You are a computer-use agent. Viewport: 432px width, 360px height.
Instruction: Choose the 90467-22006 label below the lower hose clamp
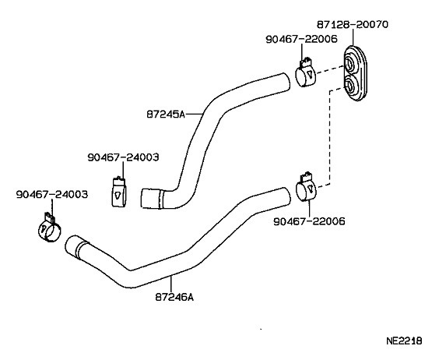[309, 221]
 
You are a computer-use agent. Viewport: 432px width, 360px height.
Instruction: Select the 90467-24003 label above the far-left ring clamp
[51, 194]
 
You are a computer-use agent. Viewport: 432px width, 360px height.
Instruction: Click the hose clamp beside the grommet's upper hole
[306, 76]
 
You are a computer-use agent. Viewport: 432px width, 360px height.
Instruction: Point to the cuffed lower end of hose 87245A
[151, 199]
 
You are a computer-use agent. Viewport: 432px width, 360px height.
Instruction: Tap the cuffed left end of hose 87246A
[76, 249]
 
